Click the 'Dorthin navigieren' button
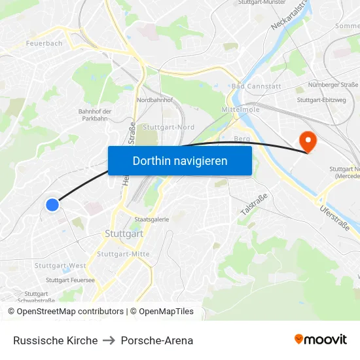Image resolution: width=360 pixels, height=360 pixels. [180, 160]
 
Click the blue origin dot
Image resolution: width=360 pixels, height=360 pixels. [53, 205]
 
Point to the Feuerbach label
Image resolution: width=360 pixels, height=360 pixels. [44, 43]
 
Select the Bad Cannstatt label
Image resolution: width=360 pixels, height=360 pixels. [256, 86]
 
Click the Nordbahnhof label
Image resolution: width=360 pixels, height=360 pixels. [154, 100]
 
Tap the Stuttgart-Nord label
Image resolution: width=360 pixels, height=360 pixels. [168, 127]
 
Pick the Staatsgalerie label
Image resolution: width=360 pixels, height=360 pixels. [151, 220]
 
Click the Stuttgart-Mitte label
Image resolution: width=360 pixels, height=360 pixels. [123, 254]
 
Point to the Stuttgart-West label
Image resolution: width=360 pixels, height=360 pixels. [60, 266]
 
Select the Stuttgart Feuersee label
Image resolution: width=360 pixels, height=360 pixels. [70, 279]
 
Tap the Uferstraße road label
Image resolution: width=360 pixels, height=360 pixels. [334, 218]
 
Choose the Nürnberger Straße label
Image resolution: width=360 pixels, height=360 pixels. [336, 84]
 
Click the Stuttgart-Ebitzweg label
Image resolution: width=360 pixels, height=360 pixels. [321, 100]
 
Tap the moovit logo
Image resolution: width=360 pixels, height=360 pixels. [320, 340]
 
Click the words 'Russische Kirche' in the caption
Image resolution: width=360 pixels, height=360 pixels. [55, 340]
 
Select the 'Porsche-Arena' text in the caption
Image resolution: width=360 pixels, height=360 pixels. [157, 340]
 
